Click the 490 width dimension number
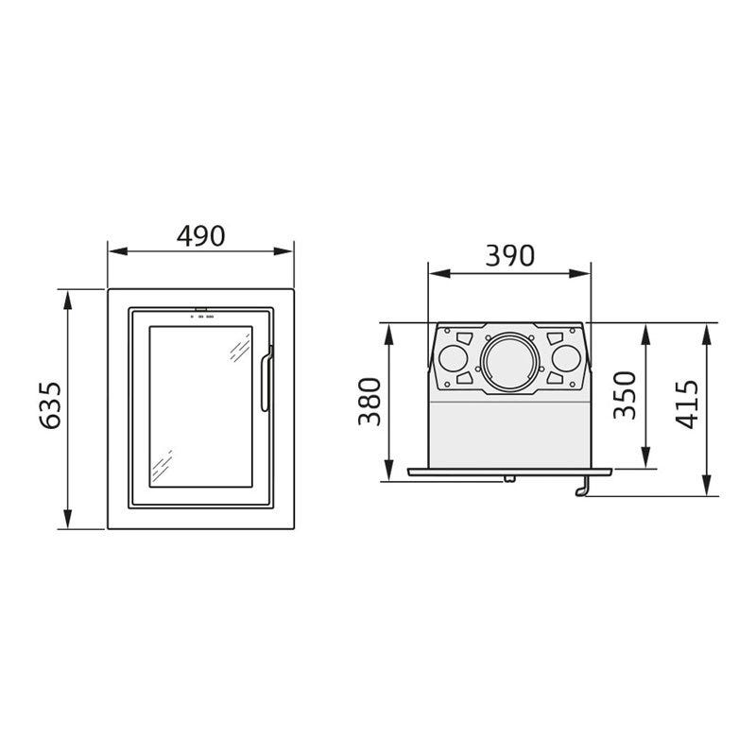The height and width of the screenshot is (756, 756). point(200,235)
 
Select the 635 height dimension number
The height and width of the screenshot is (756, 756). point(50,405)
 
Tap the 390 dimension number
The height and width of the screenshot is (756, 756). point(509,256)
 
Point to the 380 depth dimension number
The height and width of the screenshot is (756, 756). point(369,402)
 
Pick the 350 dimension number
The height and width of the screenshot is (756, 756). point(626,395)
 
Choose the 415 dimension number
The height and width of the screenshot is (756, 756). point(687,404)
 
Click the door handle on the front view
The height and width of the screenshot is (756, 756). point(266,379)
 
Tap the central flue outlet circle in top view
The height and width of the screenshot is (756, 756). point(509,361)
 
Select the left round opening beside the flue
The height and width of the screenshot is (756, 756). point(454,359)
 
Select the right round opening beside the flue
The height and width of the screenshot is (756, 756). point(566,359)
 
